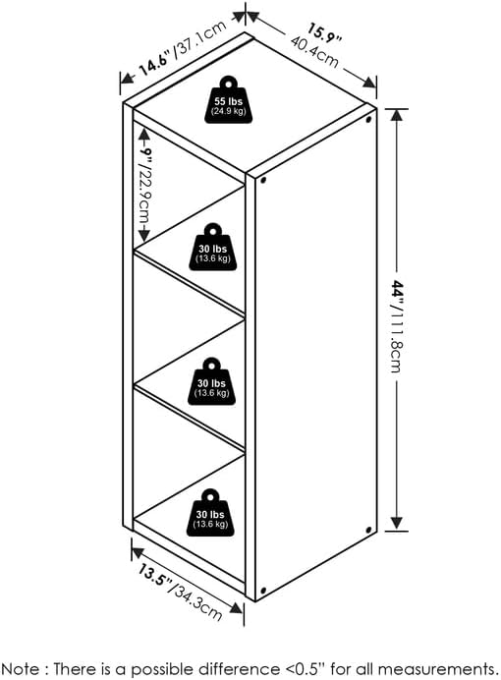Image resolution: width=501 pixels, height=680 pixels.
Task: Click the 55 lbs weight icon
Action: tap(228, 100)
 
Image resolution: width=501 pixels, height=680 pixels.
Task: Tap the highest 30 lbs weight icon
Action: tap(213, 248)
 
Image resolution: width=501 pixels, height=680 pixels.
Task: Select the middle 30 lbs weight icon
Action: tap(211, 381)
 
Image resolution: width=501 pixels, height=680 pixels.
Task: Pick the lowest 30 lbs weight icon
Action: tap(210, 513)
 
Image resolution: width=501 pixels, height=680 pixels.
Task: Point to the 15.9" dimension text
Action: tap(325, 33)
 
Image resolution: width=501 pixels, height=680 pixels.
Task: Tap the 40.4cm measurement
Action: tap(314, 52)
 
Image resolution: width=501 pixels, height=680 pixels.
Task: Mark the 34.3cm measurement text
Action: tap(198, 602)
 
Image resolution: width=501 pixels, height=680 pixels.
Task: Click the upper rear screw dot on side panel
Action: tap(368, 119)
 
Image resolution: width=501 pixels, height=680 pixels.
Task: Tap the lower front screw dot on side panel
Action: tap(263, 591)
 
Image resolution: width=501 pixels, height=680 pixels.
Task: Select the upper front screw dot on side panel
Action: tap(263, 179)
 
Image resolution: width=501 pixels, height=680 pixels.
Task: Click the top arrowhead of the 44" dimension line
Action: tap(397, 115)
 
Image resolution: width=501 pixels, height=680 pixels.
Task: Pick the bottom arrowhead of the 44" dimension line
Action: tap(397, 523)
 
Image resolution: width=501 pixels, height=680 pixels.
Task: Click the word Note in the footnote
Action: tap(21, 668)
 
